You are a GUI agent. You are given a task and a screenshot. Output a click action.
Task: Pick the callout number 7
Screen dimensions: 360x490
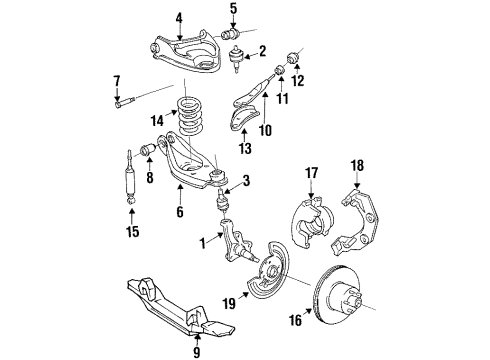click(116, 80)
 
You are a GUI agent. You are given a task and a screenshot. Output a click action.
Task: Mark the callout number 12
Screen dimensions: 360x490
click(296, 81)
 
